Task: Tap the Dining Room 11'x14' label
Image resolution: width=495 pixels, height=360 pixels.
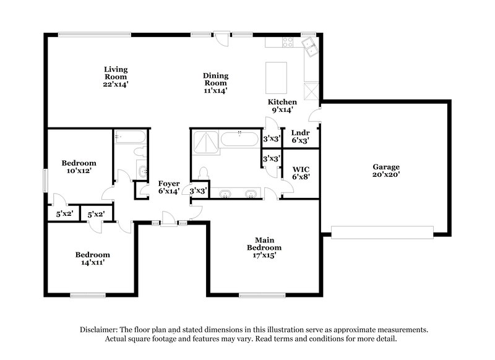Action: click(x=215, y=83)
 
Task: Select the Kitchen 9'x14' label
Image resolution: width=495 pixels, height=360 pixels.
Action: click(x=282, y=106)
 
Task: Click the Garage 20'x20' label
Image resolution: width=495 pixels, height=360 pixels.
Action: click(x=385, y=171)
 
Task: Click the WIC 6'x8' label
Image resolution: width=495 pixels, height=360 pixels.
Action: click(x=301, y=173)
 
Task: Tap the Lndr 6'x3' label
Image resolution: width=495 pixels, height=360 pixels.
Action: click(x=300, y=136)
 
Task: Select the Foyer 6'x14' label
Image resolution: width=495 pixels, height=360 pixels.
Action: click(x=169, y=187)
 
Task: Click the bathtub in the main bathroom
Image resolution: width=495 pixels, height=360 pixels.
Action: click(x=239, y=139)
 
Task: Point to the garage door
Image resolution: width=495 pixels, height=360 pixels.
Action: click(x=382, y=233)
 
